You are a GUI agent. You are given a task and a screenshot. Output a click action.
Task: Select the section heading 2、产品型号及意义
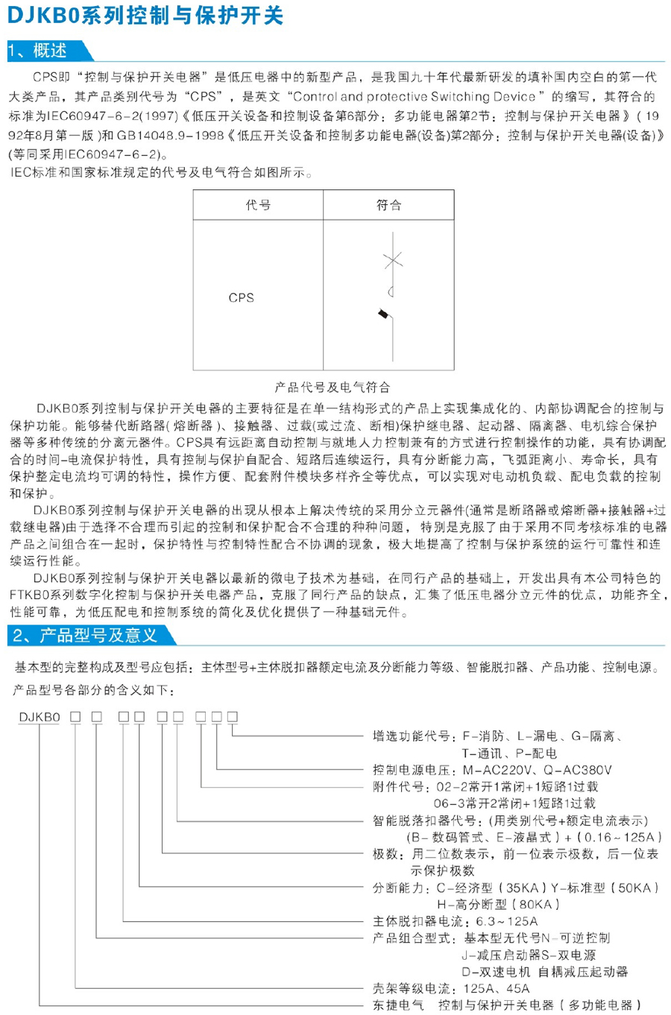tap(85, 635)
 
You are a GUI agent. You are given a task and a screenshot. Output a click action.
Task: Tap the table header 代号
tap(258, 205)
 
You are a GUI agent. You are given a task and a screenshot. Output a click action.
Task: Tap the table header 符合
tap(388, 205)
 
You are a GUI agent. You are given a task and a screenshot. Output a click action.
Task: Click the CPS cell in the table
tap(241, 297)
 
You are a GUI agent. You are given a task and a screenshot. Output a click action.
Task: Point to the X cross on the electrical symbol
tap(392, 259)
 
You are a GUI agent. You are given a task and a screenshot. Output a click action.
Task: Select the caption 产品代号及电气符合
tap(332, 387)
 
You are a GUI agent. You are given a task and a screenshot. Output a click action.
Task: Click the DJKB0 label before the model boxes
tap(40, 717)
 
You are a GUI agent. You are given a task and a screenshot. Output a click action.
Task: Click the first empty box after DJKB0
tap(75, 717)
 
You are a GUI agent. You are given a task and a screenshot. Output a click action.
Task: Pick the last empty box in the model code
tap(233, 717)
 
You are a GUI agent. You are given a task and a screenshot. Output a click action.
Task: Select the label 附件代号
tap(400, 787)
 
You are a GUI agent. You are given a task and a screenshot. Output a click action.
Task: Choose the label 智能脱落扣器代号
tap(424, 820)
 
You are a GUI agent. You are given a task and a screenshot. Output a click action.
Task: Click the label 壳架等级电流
tap(412, 988)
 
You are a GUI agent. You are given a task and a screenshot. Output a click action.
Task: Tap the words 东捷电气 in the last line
tap(399, 1005)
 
